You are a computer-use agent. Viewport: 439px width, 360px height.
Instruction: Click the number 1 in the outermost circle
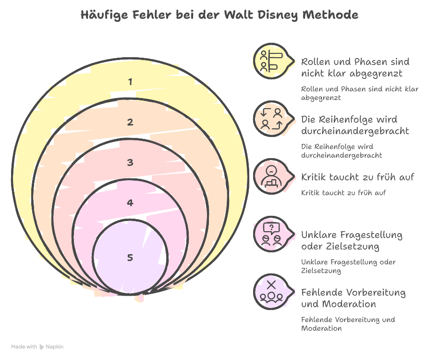130,82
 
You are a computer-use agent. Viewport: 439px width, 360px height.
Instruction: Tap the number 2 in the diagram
130,122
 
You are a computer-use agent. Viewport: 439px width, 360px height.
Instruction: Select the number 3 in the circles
130,162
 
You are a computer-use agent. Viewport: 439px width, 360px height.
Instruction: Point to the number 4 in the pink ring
130,203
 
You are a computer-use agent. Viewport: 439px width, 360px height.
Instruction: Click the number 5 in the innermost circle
130,258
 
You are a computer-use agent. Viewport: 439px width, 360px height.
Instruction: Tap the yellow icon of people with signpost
270,61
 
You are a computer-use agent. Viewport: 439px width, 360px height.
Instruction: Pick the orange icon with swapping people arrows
270,118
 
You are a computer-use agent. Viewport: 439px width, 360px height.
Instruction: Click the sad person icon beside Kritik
270,176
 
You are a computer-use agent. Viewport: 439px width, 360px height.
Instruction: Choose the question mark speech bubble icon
270,234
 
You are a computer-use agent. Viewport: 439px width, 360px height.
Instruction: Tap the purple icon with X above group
270,291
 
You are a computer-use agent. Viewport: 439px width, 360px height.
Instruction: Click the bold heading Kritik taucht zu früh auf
357,177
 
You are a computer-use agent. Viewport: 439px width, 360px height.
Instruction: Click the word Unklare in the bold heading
319,235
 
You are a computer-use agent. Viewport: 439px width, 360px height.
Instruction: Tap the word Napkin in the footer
55,347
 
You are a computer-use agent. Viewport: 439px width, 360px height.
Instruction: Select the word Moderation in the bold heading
346,304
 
